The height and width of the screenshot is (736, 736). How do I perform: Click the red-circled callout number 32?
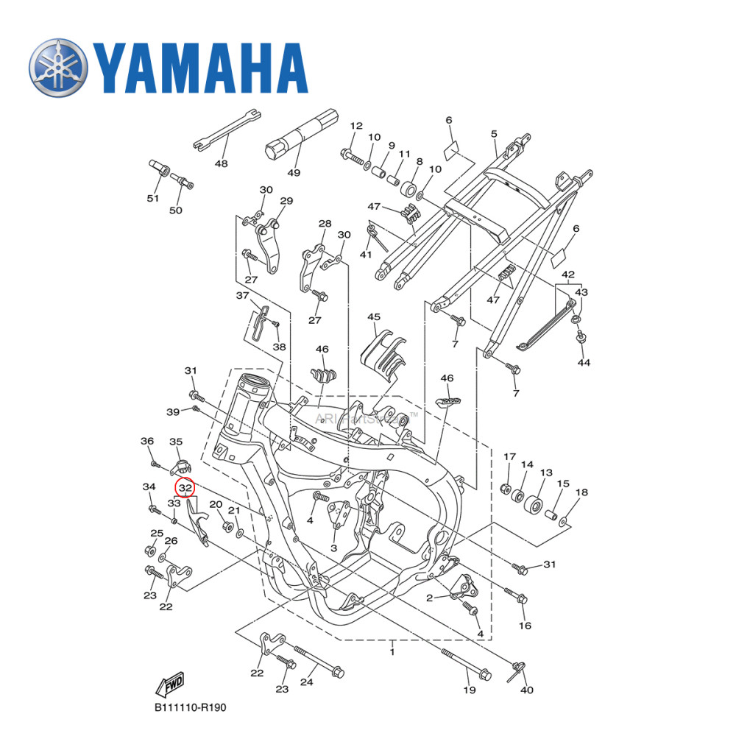click(185, 487)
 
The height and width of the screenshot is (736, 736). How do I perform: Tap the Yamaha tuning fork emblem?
click(58, 68)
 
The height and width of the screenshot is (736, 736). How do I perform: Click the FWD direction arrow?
click(170, 684)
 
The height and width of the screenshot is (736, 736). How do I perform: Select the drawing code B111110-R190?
click(190, 708)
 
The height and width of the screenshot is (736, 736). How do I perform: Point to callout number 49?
click(294, 173)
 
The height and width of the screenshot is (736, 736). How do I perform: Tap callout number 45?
click(374, 317)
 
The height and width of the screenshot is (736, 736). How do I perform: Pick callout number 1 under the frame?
click(392, 652)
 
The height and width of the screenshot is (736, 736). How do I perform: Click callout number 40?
click(527, 690)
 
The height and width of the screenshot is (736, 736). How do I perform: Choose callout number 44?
click(584, 363)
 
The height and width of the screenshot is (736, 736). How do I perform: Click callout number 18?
click(581, 492)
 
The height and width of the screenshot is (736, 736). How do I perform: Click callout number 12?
click(356, 126)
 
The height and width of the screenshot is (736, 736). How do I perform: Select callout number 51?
click(152, 199)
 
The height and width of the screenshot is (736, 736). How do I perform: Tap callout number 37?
click(242, 295)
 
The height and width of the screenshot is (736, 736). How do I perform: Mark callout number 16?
click(525, 626)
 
